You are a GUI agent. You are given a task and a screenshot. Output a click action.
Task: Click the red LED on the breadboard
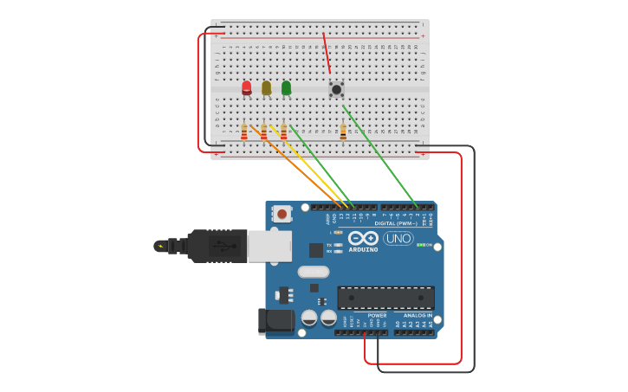coord(247,87)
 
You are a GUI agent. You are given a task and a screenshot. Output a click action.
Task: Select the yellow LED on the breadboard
coord(266,87)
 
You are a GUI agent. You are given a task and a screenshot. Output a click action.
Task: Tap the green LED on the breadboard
coord(286,87)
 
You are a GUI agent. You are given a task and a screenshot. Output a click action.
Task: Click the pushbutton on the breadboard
coord(336,88)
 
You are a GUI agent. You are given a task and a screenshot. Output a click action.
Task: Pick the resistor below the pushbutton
coord(343,132)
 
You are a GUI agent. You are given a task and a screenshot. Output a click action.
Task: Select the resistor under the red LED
coord(244,132)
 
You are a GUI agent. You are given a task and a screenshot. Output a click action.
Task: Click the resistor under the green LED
coord(283,132)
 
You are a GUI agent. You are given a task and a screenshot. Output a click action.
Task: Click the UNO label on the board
coord(398,238)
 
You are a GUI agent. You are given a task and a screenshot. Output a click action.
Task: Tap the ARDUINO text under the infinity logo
coord(364,250)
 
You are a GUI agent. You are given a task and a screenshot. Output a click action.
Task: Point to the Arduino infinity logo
coord(364,238)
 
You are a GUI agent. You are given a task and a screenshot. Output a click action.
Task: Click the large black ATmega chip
coord(385,298)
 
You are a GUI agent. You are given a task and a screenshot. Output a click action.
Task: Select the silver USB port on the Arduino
coord(269,246)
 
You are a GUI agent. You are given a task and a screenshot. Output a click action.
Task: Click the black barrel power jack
coord(275,321)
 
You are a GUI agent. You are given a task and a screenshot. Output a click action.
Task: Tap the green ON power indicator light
coord(420,245)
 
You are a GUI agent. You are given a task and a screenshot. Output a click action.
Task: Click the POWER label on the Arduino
coord(377,315)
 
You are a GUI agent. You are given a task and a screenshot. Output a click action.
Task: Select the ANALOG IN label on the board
coord(418,315)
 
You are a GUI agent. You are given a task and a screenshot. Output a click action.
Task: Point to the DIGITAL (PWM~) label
coord(395,223)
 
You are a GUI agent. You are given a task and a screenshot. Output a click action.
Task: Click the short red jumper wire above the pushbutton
coord(327,54)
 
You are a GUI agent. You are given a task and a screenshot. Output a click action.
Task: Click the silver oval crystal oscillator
coord(313,272)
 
